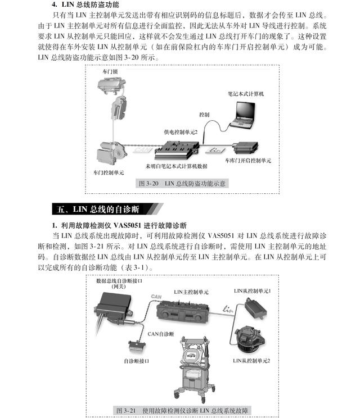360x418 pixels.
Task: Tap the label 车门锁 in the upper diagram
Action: coord(110,72)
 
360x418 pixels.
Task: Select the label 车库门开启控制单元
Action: coord(247,160)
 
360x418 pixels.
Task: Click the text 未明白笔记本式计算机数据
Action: coord(177,166)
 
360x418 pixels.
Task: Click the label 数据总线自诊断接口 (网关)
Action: coord(119,283)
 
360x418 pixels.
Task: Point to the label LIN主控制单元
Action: coord(191,292)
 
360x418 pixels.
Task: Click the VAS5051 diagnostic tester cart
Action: coord(193,365)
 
